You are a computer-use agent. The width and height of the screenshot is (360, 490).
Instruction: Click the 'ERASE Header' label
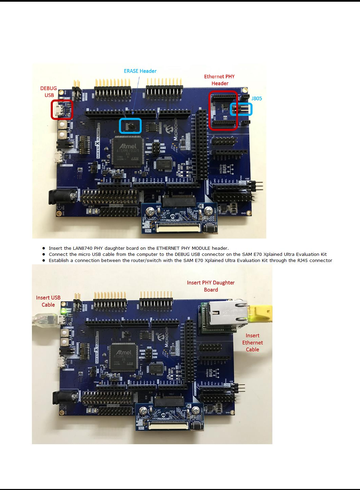(x=140, y=71)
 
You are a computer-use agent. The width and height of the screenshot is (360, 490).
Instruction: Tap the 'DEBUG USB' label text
(x=49, y=92)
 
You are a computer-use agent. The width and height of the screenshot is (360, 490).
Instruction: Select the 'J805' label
(x=257, y=98)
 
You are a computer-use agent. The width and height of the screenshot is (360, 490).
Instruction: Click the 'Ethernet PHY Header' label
(x=219, y=80)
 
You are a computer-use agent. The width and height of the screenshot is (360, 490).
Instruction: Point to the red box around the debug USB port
(x=62, y=110)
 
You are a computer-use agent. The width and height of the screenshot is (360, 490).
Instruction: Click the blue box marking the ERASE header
(x=130, y=126)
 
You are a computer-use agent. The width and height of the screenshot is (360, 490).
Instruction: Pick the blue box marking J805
(x=241, y=109)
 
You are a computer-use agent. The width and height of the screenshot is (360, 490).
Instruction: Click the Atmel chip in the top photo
(x=127, y=151)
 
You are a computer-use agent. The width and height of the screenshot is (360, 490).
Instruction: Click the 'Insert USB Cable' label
(x=48, y=301)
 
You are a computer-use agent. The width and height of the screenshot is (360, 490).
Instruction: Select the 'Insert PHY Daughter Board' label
(x=211, y=286)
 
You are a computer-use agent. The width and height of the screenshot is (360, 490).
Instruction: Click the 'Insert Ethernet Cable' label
(x=252, y=342)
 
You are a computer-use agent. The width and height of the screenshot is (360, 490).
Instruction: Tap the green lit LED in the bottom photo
(x=63, y=311)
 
